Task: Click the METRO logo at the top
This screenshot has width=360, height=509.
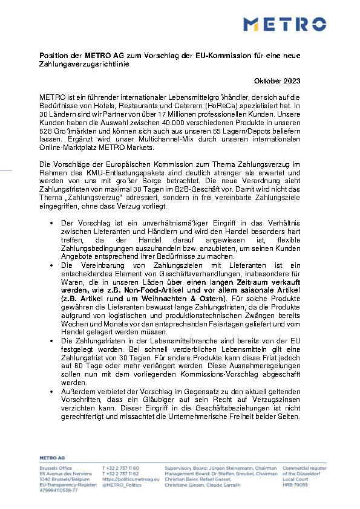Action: click(x=284, y=24)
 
